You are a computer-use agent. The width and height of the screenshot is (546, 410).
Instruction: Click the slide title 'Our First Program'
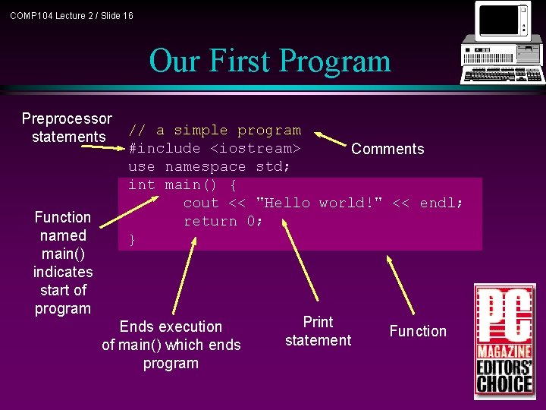point(270,61)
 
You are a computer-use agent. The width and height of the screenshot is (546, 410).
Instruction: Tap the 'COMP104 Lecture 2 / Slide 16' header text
point(71,15)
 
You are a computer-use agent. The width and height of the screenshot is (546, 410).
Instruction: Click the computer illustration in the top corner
point(502,43)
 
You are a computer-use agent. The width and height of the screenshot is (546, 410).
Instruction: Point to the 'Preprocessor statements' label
point(67,128)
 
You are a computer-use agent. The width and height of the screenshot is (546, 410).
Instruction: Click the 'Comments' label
point(388,149)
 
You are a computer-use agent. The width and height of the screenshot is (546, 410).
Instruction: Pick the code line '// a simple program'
point(215,131)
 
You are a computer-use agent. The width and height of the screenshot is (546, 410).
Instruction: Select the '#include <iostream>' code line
point(215,148)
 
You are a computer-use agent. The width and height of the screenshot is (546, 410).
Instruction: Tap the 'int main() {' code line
point(182,184)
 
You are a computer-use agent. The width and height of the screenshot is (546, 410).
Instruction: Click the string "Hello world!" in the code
point(319,203)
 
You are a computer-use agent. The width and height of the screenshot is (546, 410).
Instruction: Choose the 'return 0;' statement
point(224,221)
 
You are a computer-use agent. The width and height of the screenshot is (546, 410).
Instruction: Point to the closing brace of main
point(133,240)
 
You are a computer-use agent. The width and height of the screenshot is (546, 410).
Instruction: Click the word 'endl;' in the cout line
point(441,203)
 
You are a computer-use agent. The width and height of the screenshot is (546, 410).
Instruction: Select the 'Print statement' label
point(318,331)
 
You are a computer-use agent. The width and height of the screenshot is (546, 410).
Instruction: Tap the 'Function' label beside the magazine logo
point(418,331)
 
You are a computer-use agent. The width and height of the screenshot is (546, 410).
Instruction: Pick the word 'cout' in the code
point(201,203)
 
